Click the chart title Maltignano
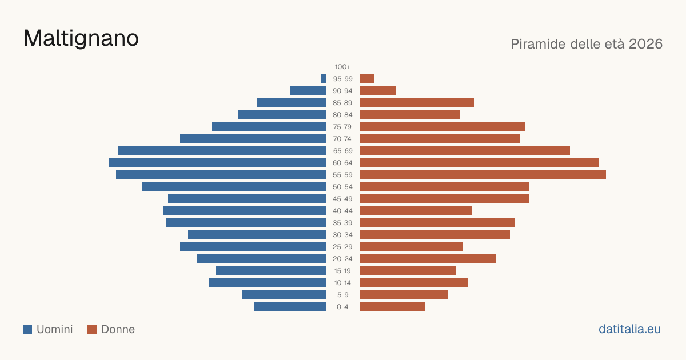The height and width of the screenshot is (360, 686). click(x=81, y=39)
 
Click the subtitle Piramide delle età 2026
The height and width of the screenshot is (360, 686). click(x=587, y=44)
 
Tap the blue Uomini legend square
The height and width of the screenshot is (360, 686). click(x=27, y=329)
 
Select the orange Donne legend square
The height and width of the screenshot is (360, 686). click(x=92, y=329)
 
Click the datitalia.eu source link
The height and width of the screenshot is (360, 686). click(x=629, y=329)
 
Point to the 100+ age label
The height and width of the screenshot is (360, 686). click(x=342, y=67)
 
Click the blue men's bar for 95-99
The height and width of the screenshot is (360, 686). click(x=324, y=79)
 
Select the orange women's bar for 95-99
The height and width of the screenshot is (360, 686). click(x=367, y=79)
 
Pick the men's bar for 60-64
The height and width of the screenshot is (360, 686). click(x=217, y=162)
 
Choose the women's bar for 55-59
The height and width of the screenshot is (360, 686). click(x=483, y=174)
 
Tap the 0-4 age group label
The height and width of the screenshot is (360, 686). click(x=342, y=307)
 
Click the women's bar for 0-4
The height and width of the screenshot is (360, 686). click(x=392, y=307)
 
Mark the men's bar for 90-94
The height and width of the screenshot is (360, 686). click(x=308, y=91)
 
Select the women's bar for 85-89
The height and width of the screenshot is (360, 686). click(x=417, y=102)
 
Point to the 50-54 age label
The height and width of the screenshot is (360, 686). click(x=342, y=187)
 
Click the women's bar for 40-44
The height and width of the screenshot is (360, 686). click(x=416, y=211)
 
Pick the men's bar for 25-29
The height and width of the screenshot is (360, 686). click(x=253, y=247)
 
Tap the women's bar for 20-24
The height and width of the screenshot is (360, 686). click(x=428, y=259)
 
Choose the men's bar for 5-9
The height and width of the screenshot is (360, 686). click(x=284, y=295)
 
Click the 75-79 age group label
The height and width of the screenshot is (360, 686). click(x=342, y=127)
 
